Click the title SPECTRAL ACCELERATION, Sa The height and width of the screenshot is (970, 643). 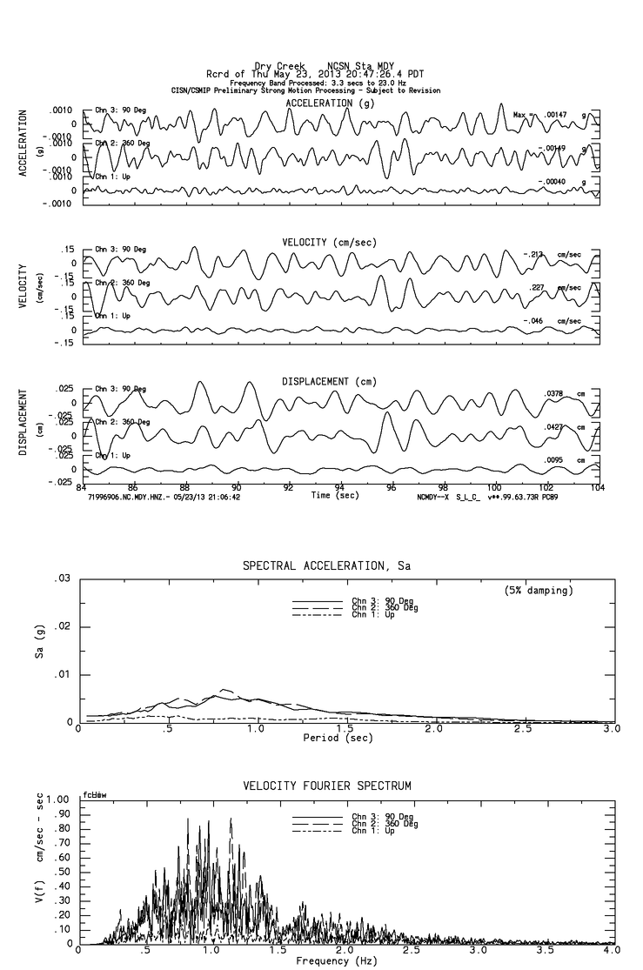[x=326, y=566]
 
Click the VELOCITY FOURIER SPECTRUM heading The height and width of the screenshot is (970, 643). [x=326, y=786]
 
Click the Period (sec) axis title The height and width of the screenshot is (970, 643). [x=337, y=738]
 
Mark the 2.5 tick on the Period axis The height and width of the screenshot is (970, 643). [x=523, y=729]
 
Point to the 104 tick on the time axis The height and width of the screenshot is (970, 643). [x=598, y=488]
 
